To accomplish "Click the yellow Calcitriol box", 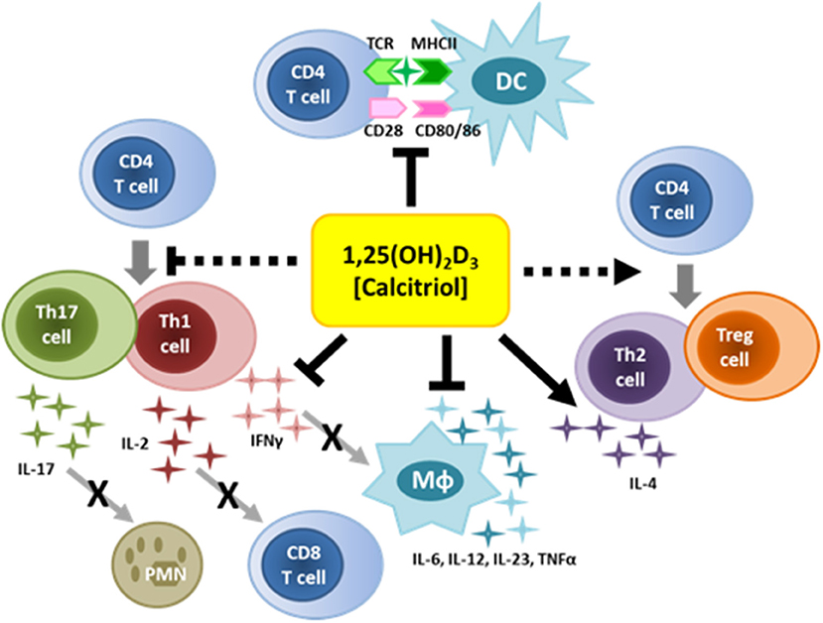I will click(411, 269).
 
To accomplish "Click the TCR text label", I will click(384, 43).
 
